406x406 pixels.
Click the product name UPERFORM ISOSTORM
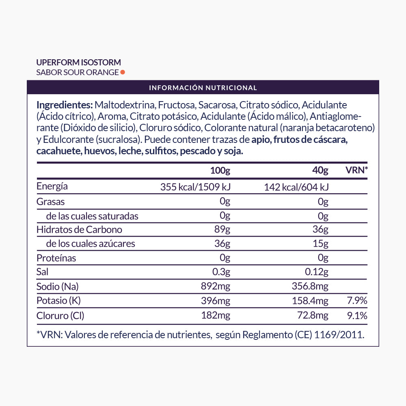pos(79,63)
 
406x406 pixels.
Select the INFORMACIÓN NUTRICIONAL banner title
pos(203,88)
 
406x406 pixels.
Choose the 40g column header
pos(320,171)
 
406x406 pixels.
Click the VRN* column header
pos(356,170)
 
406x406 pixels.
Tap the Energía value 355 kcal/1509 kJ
pos(195,187)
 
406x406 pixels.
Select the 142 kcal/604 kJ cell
pos(296,187)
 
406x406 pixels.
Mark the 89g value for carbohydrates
pos(222,230)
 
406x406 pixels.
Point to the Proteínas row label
pos(56,258)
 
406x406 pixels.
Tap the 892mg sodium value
pos(216,287)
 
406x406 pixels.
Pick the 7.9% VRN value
pos(357,301)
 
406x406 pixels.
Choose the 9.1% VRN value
pos(357,315)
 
